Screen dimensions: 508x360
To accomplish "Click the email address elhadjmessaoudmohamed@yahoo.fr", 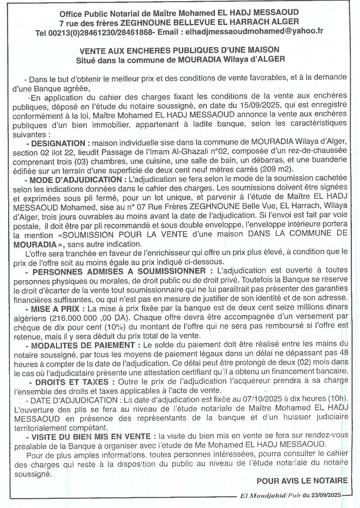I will pyautogui.click(x=254, y=31).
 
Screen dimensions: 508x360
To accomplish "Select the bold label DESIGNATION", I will pyautogui.click(x=58, y=143).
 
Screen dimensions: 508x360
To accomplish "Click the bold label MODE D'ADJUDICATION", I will pyautogui.click(x=75, y=180).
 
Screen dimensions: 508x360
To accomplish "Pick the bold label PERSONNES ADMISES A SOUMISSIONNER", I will pyautogui.click(x=119, y=272).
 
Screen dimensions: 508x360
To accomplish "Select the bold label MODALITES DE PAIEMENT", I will pyautogui.click(x=83, y=345).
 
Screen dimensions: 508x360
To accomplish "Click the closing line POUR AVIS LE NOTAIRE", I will pyautogui.click(x=302, y=480).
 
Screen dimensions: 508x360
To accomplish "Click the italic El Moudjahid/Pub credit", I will pyautogui.click(x=270, y=495).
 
